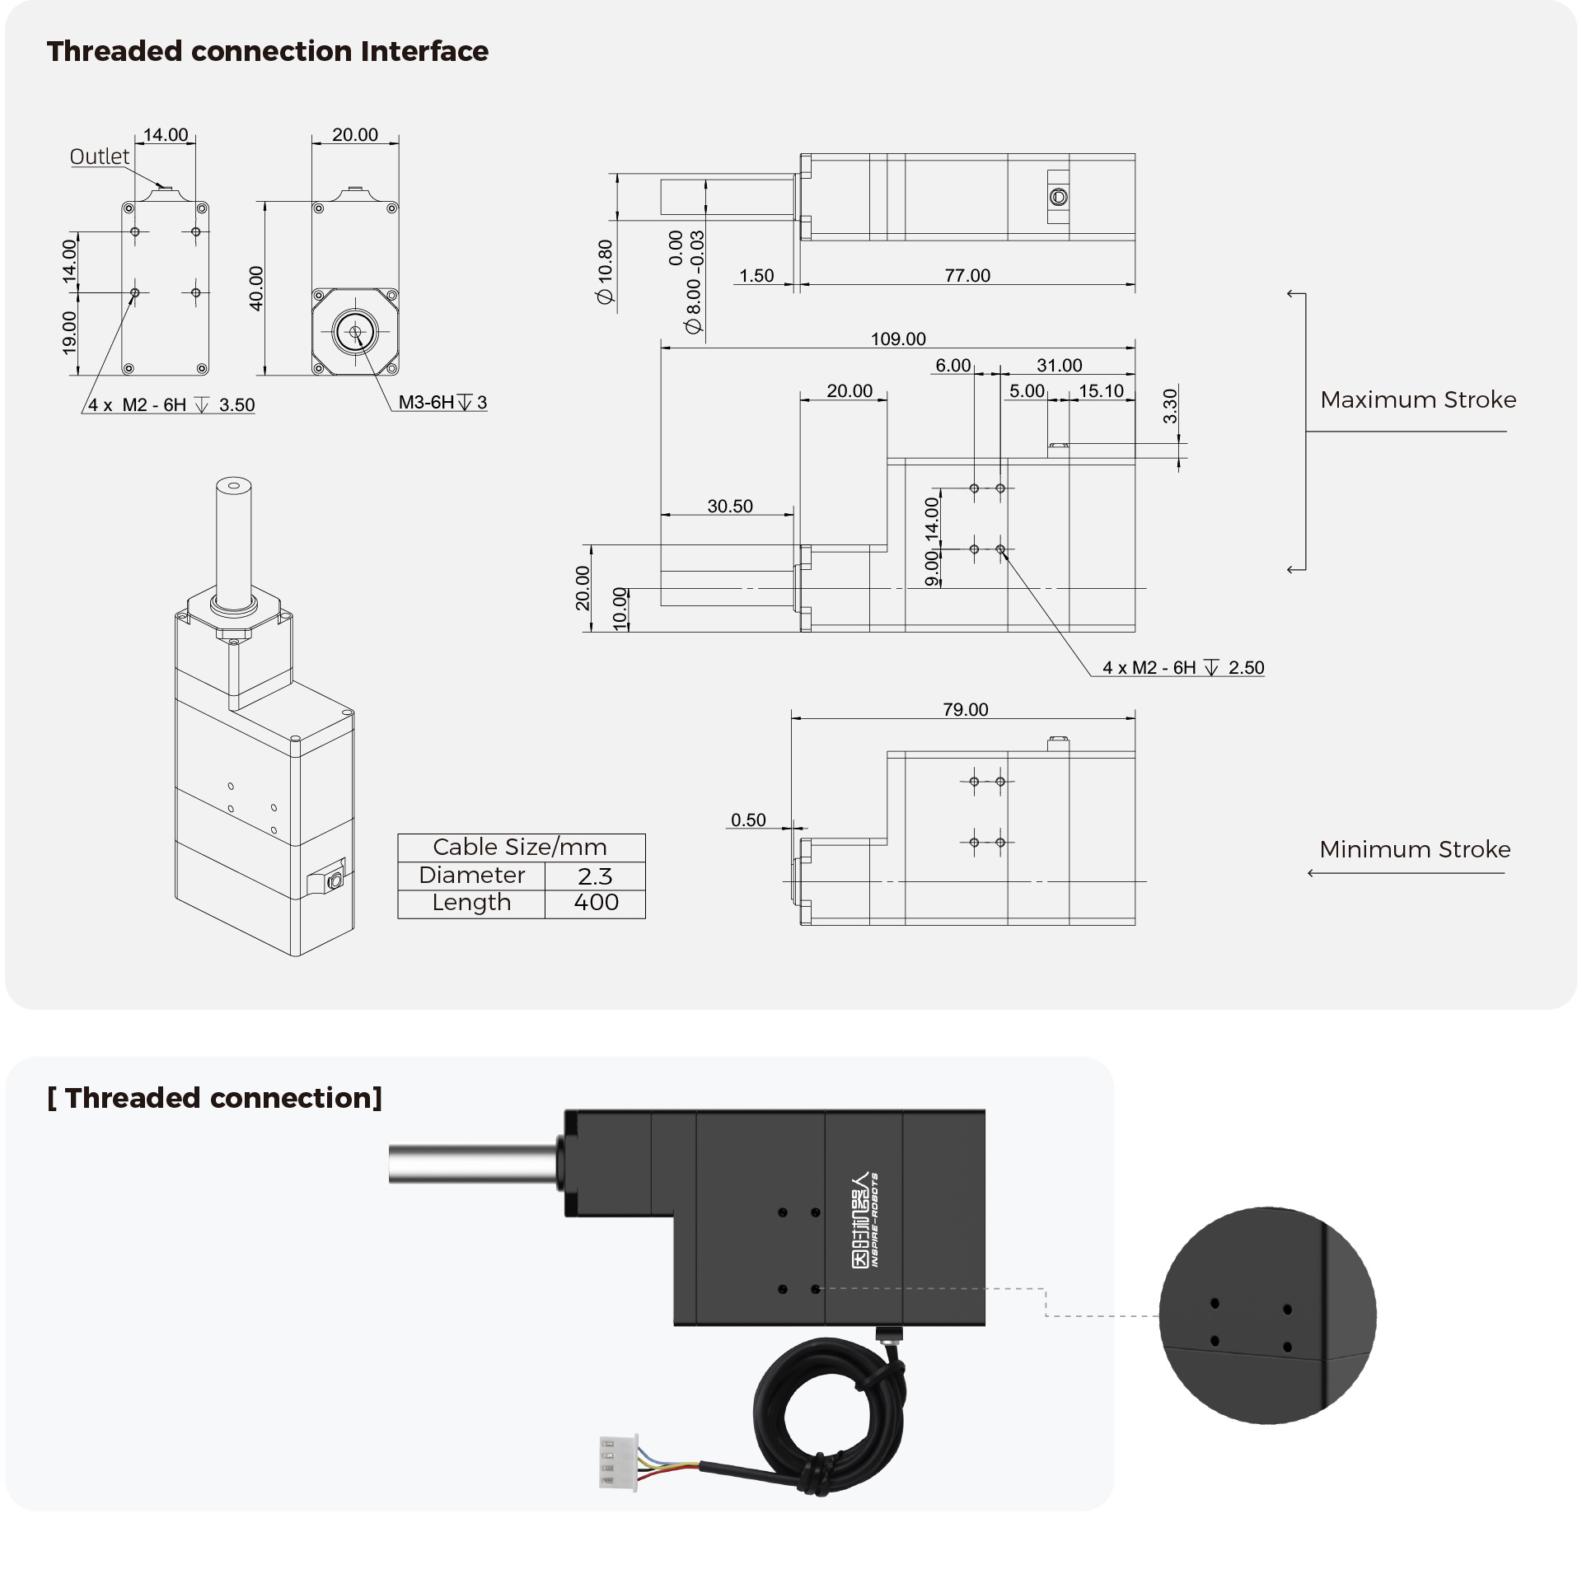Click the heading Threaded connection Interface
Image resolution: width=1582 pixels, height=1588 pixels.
[267, 51]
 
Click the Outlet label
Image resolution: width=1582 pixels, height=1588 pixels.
[100, 156]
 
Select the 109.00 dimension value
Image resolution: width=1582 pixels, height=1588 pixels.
[898, 339]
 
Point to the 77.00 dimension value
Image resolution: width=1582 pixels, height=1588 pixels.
[967, 275]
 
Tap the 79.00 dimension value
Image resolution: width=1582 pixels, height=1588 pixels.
[966, 709]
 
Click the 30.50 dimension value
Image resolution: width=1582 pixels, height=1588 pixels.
[730, 506]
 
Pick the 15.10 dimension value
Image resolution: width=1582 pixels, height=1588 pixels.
[1101, 390]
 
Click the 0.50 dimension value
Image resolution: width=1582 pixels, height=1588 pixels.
[748, 820]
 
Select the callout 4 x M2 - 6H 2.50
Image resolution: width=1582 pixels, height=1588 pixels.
[1183, 667]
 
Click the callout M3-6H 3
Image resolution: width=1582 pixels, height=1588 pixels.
[443, 402]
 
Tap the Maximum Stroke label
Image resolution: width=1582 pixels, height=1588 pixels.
[1418, 399]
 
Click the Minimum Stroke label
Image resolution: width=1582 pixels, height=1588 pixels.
[1415, 849]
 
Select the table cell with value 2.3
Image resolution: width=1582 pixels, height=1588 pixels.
[595, 876]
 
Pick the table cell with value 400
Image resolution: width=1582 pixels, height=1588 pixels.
[595, 903]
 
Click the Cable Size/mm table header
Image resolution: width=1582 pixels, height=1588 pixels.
[521, 848]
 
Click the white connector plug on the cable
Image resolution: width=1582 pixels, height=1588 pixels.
[618, 1463]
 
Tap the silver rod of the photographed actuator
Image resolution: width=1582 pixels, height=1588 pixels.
[473, 1164]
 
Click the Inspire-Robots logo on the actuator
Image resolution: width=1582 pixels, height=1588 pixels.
[864, 1220]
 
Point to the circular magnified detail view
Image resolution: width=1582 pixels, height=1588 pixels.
[1267, 1315]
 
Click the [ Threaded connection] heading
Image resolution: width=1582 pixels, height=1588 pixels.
[215, 1098]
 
